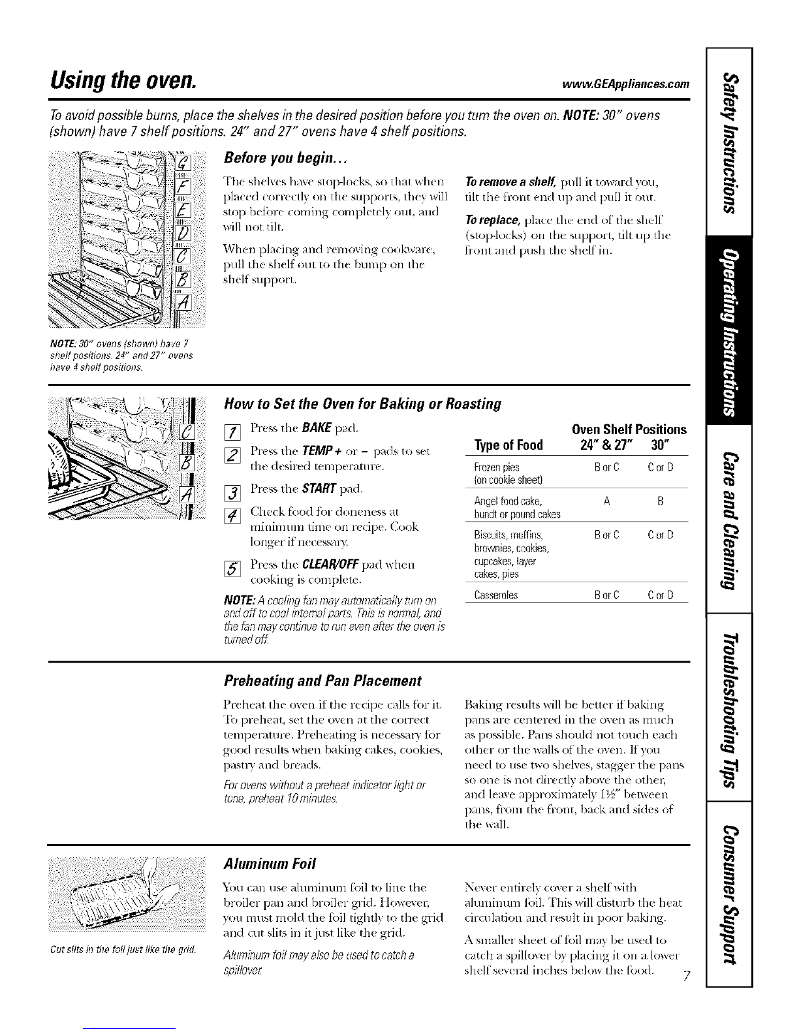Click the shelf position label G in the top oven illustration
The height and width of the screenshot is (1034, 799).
pyautogui.click(x=183, y=163)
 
